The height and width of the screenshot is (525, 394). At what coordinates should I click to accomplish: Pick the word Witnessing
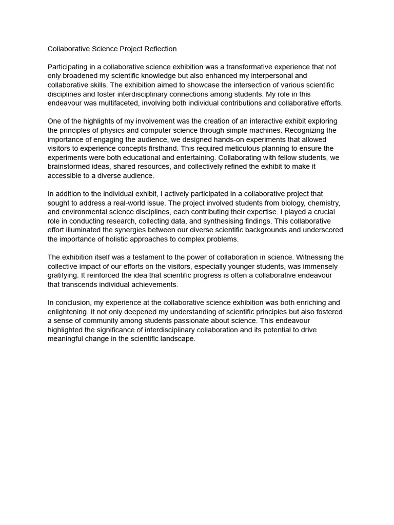[305, 257]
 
